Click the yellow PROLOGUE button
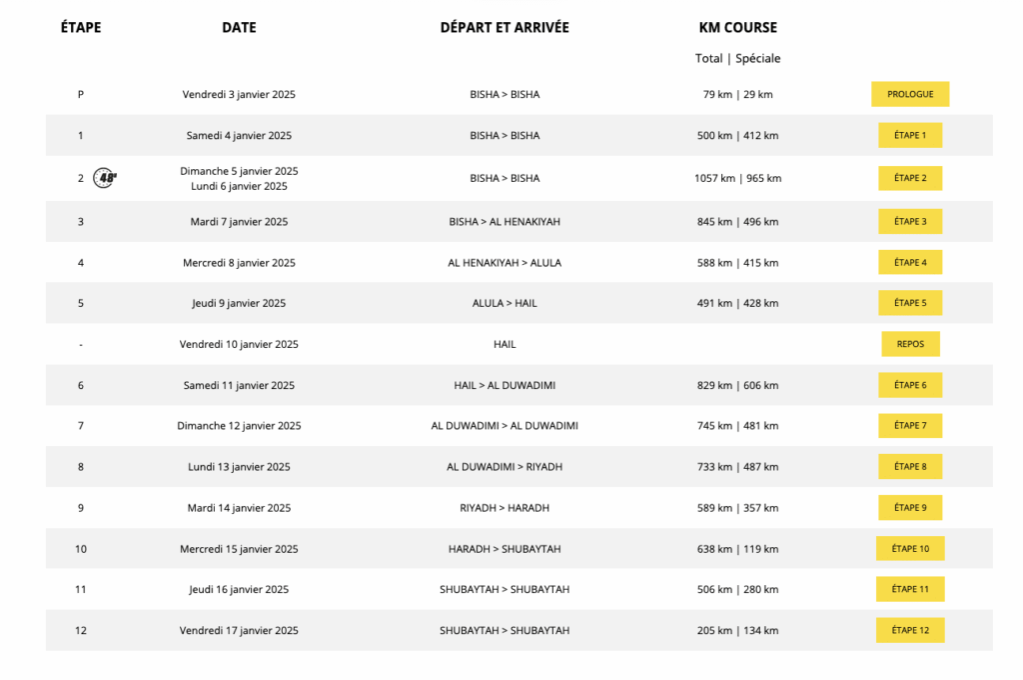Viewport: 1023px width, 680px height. click(909, 94)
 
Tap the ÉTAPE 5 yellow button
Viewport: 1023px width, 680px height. click(909, 303)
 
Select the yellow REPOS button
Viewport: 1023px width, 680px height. click(909, 344)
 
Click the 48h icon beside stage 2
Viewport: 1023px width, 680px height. click(105, 178)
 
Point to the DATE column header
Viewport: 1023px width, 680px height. click(239, 28)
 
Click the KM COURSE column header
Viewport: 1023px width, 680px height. click(737, 28)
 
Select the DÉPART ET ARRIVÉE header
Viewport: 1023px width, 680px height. click(505, 28)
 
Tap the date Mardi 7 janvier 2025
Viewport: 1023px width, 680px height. click(239, 222)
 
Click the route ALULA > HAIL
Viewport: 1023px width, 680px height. click(505, 303)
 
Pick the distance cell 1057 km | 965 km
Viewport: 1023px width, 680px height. click(737, 178)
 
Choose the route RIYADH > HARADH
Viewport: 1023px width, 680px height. click(505, 508)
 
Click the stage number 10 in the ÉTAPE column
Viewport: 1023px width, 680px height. click(81, 549)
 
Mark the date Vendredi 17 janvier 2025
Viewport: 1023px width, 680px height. click(239, 630)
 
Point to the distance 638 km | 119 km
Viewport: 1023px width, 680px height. click(737, 549)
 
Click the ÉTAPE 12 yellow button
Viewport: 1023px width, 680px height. click(909, 630)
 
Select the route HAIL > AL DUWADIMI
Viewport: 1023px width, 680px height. click(505, 385)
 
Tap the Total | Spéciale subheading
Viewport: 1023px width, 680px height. click(737, 58)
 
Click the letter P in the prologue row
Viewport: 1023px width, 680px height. click(81, 94)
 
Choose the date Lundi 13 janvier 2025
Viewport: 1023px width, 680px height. click(239, 467)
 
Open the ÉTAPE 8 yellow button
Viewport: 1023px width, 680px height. click(909, 467)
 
